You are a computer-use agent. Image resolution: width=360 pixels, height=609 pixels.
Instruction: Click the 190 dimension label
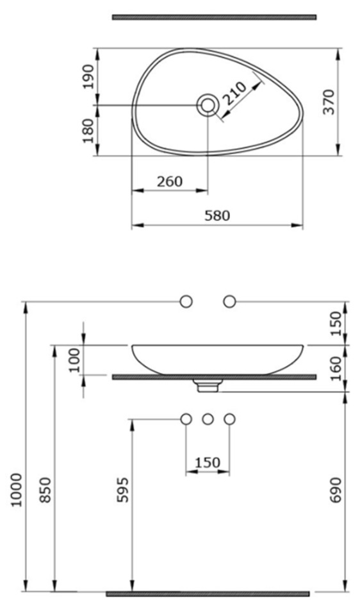click(x=89, y=76)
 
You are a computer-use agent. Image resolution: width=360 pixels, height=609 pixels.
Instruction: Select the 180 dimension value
click(x=89, y=131)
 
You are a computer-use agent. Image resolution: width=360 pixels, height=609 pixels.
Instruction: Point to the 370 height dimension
click(x=329, y=102)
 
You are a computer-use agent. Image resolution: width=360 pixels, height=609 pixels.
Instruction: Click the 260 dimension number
click(x=170, y=181)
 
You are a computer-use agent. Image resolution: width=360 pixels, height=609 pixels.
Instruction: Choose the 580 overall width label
click(x=217, y=215)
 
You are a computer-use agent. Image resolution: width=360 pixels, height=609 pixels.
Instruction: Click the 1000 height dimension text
click(x=16, y=490)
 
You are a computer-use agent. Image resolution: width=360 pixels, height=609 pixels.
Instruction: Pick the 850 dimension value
click(x=45, y=490)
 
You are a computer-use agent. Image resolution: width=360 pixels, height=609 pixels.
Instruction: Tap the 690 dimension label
click(x=336, y=490)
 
